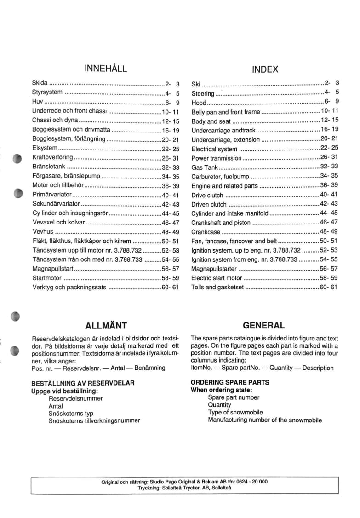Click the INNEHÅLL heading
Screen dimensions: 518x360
105,69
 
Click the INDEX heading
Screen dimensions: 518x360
265,69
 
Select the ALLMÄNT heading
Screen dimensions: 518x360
106,326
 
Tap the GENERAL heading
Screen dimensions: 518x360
263,325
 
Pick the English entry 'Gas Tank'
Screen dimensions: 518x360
205,167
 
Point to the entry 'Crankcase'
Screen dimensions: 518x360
206,232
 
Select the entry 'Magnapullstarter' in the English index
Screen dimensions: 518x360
214,269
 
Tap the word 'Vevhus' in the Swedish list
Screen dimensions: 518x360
43,232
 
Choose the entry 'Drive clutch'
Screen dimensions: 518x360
207,195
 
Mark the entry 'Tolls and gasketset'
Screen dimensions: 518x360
217,287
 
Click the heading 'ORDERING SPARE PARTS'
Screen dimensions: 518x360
230,382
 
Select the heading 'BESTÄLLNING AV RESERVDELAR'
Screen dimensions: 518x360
83,383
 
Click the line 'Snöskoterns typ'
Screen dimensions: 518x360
71,413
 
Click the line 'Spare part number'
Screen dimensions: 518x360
234,397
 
